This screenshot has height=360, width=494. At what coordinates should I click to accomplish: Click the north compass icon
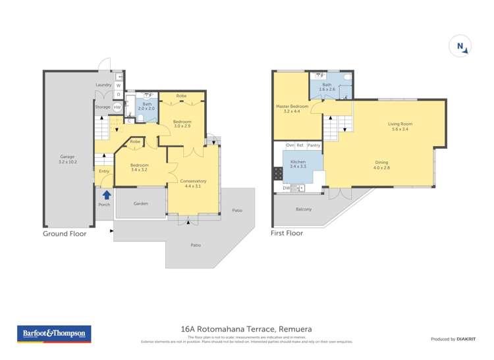462,47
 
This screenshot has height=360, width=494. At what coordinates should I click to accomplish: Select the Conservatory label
193,181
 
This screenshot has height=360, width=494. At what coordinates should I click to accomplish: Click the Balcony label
304,209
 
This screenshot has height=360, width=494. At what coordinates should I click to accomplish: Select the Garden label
140,203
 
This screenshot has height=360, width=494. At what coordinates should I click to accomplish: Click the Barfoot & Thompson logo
53,334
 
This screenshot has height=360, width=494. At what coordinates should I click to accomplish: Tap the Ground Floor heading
65,233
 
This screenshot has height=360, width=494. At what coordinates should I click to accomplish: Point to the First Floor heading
287,233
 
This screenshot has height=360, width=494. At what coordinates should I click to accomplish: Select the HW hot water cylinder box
117,107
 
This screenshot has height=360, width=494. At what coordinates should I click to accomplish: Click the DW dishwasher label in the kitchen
286,188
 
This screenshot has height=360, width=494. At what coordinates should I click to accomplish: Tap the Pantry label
314,145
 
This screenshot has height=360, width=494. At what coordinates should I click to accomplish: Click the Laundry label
103,85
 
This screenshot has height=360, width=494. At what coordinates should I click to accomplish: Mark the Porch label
103,205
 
